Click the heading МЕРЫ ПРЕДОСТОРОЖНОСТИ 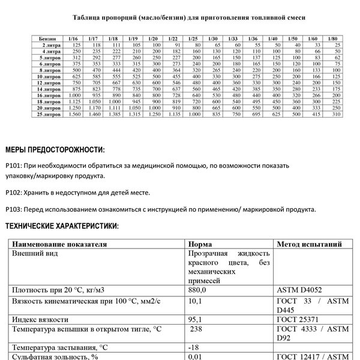(x=54, y=149)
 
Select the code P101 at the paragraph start (x=13, y=165)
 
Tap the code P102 (x=13, y=193)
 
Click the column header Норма (x=200, y=245)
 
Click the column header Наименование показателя (x=59, y=245)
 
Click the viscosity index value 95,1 (x=195, y=320)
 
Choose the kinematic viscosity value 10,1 (x=195, y=299)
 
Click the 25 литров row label (x=47, y=114)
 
